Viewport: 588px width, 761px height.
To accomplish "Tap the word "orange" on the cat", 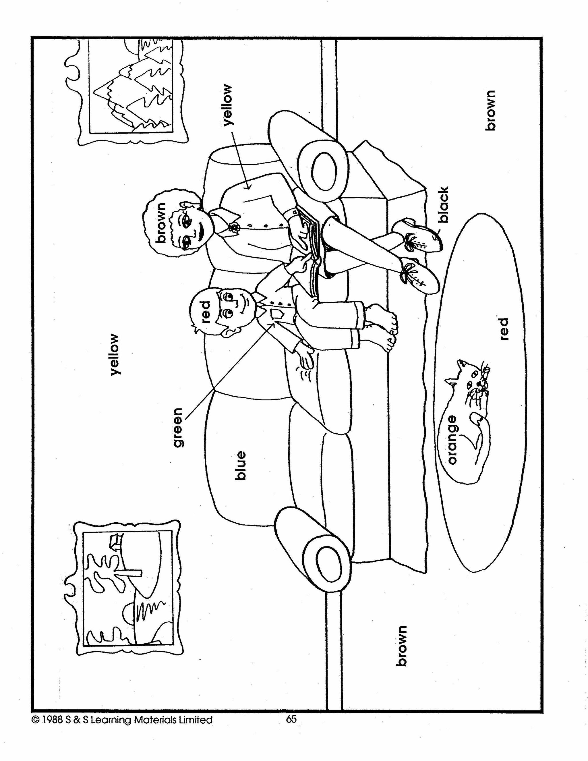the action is point(452,439).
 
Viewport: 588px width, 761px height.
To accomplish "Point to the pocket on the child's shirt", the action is point(277,315).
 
